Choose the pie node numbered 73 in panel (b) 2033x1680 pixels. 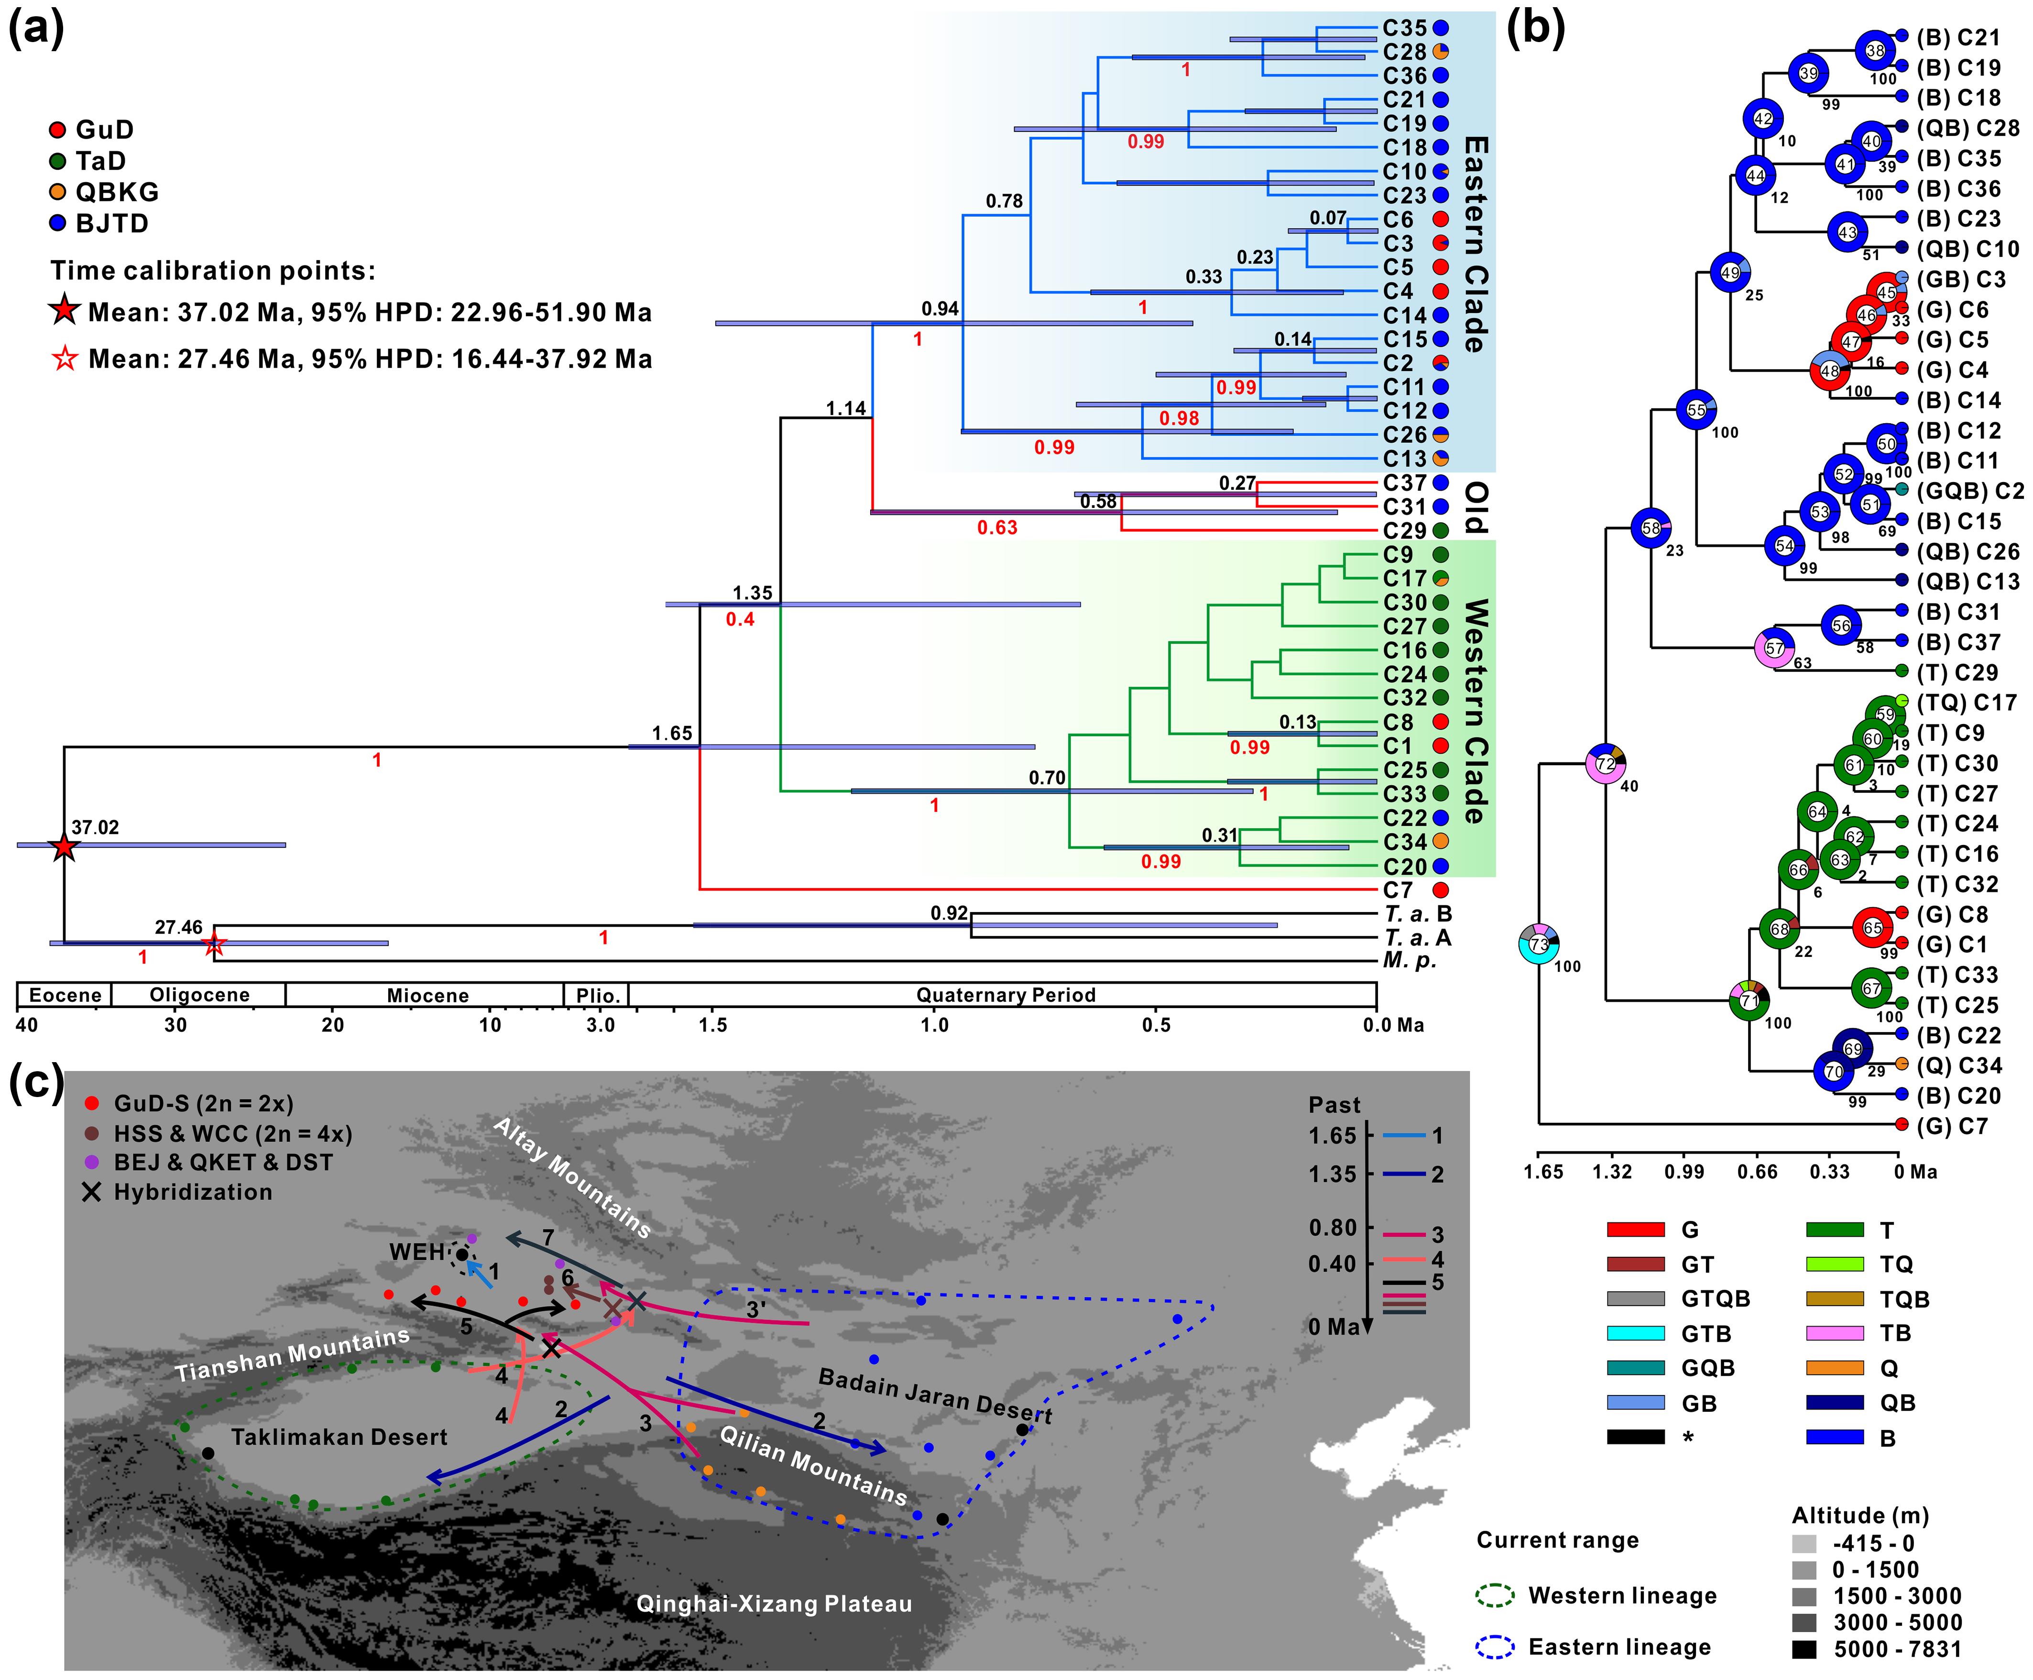tap(1539, 944)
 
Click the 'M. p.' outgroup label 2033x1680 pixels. tap(1410, 961)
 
